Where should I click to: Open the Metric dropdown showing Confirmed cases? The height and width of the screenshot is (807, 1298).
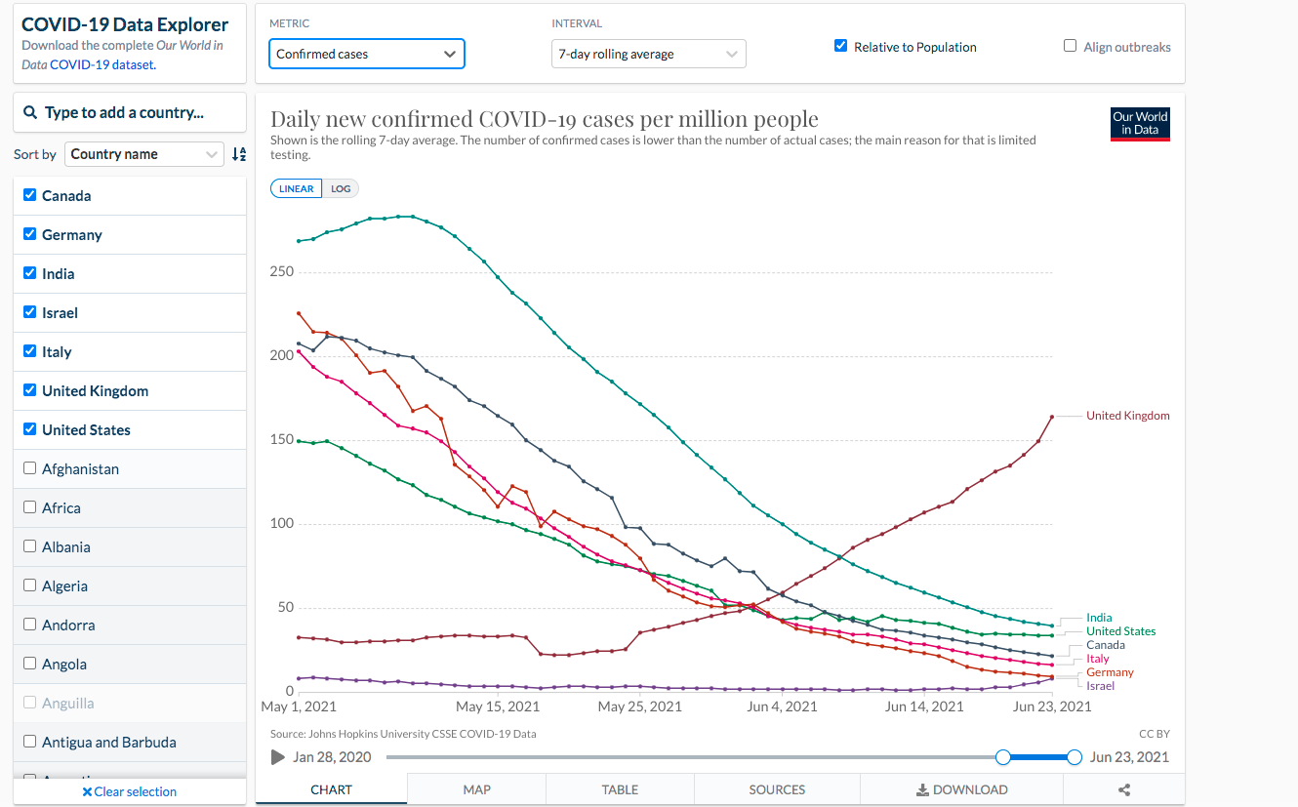click(x=367, y=54)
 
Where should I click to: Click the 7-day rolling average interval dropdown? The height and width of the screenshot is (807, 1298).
click(x=648, y=54)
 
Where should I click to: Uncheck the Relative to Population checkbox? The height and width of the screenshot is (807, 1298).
click(x=841, y=46)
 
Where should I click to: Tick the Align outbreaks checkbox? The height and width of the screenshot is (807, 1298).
click(x=1071, y=46)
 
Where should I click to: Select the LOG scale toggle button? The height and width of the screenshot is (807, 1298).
click(x=341, y=189)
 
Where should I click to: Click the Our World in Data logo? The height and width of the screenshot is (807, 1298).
click(x=1140, y=124)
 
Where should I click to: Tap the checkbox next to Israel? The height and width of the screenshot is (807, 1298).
click(x=29, y=312)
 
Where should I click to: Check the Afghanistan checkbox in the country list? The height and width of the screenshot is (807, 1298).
click(x=29, y=468)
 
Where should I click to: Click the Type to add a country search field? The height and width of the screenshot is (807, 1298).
click(x=130, y=112)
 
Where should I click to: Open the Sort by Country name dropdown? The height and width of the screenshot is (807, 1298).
click(x=143, y=154)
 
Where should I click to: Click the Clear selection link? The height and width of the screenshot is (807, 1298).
click(x=129, y=791)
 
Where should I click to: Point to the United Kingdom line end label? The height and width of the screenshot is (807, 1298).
click(x=1127, y=416)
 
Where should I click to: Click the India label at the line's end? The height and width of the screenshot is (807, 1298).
click(x=1099, y=618)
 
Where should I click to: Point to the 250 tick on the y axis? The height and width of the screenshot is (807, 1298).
click(x=282, y=271)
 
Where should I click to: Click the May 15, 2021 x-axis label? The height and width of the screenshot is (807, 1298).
click(x=497, y=706)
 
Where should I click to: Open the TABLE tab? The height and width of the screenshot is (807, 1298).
click(x=620, y=789)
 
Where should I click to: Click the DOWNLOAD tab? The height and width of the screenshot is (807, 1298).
click(x=962, y=789)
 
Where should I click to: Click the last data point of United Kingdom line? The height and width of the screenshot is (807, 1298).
click(x=1052, y=417)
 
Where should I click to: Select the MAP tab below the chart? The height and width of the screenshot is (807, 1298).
click(x=476, y=789)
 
